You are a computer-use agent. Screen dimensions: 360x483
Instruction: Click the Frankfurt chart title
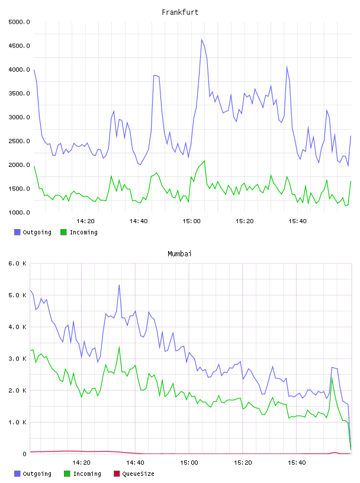pyautogui.click(x=180, y=12)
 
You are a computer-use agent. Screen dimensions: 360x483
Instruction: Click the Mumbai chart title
pyautogui.click(x=179, y=254)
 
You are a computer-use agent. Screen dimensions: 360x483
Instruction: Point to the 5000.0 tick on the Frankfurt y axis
pyautogui.click(x=19, y=22)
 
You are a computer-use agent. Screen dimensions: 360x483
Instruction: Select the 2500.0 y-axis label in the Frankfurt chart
pyautogui.click(x=19, y=141)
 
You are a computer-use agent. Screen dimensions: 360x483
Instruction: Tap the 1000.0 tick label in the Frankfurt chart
pyautogui.click(x=19, y=212)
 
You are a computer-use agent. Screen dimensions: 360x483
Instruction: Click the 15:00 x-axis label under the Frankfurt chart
pyautogui.click(x=191, y=221)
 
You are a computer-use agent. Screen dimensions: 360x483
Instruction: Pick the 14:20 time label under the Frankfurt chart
pyautogui.click(x=85, y=221)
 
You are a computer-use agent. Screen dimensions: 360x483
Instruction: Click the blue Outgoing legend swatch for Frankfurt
pyautogui.click(x=17, y=232)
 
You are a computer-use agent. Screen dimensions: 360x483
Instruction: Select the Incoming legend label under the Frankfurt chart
pyautogui.click(x=83, y=232)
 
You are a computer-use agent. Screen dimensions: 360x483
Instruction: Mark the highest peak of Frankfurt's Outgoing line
pyautogui.click(x=202, y=40)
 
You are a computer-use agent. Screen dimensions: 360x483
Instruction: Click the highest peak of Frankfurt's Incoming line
pyautogui.click(x=204, y=161)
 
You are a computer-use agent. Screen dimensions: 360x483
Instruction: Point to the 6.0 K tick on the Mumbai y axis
pyautogui.click(x=18, y=263)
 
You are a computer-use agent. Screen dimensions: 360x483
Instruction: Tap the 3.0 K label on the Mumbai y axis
pyautogui.click(x=18, y=359)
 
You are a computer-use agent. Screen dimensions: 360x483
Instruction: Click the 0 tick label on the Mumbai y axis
pyautogui.click(x=24, y=454)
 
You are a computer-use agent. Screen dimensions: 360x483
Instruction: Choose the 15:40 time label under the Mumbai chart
pyautogui.click(x=297, y=463)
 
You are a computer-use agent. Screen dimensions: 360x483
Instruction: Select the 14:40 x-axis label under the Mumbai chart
pyautogui.click(x=135, y=463)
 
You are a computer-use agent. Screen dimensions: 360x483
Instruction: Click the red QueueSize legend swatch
pyautogui.click(x=117, y=474)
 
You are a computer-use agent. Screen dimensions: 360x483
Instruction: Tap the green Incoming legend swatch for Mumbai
pyautogui.click(x=67, y=474)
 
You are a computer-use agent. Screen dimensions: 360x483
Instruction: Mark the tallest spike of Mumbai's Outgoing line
pyautogui.click(x=119, y=285)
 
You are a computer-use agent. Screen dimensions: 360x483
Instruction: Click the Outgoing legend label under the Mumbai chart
pyautogui.click(x=37, y=474)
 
